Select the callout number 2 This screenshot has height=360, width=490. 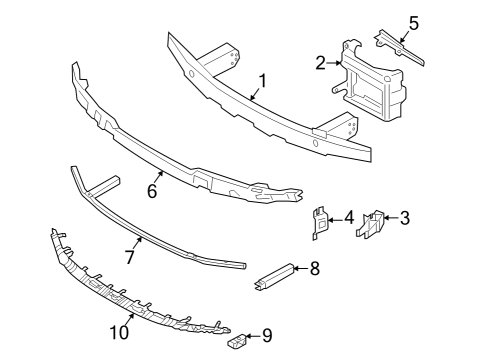320,63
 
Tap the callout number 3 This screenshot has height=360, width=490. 405,217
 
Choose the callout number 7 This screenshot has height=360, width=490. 129,257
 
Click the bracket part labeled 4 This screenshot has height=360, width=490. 317,224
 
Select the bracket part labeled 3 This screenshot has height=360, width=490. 373,226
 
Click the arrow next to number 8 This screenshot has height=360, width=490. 299,268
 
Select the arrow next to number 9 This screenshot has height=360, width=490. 250,336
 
